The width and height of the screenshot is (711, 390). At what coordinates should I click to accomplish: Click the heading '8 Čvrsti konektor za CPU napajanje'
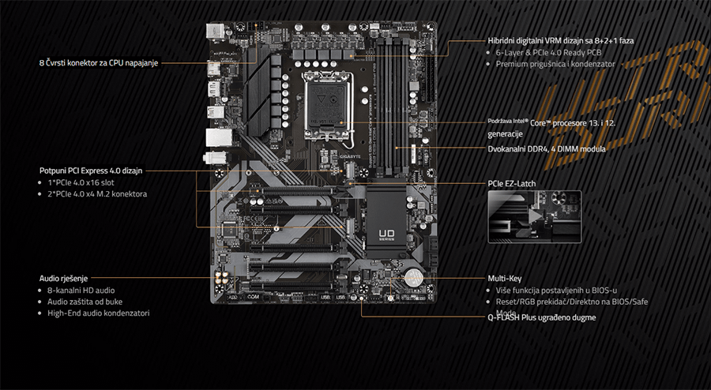click(98, 62)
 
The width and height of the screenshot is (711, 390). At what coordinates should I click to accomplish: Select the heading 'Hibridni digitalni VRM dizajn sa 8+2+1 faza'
click(561, 39)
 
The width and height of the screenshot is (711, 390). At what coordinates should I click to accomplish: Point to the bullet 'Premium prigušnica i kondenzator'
click(555, 64)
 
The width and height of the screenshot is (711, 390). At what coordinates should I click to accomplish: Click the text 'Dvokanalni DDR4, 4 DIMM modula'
click(547, 148)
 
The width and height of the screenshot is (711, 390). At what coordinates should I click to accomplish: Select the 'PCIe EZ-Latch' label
click(512, 184)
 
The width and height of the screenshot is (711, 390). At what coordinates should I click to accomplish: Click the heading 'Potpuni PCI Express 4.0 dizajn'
click(92, 170)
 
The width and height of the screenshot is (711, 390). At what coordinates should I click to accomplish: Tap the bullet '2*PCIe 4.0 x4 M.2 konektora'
click(97, 194)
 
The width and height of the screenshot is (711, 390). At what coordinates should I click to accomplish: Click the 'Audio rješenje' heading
click(63, 278)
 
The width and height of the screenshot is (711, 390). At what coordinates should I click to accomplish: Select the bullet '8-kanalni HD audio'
click(81, 291)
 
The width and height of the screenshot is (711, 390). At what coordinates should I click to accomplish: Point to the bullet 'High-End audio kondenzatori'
click(98, 313)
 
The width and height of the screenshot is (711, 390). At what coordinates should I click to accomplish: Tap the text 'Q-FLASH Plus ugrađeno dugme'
click(542, 317)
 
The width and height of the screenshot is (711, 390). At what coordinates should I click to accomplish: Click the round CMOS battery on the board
click(412, 278)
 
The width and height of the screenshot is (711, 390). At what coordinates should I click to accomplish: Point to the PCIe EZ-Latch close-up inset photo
click(534, 216)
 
